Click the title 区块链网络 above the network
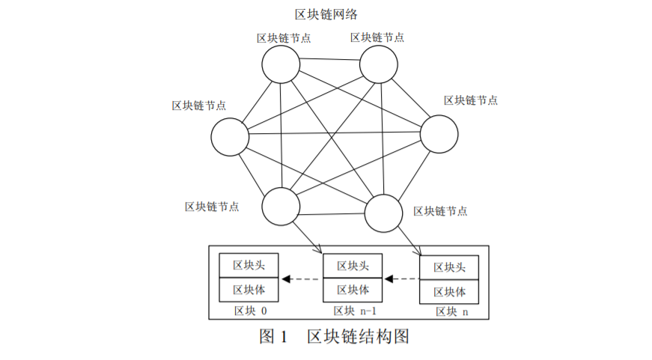pyautogui.click(x=326, y=14)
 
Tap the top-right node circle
pyautogui.click(x=379, y=64)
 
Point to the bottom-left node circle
pyautogui.click(x=281, y=205)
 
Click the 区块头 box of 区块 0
pyautogui.click(x=249, y=265)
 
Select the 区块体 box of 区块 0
pyautogui.click(x=249, y=289)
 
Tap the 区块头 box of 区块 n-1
pyautogui.click(x=353, y=266)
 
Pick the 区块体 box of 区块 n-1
pyautogui.click(x=353, y=290)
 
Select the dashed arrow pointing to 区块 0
pyautogui.click(x=301, y=280)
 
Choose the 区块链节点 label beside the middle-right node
pyautogui.click(x=471, y=100)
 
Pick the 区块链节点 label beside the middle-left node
pyautogui.click(x=199, y=106)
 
